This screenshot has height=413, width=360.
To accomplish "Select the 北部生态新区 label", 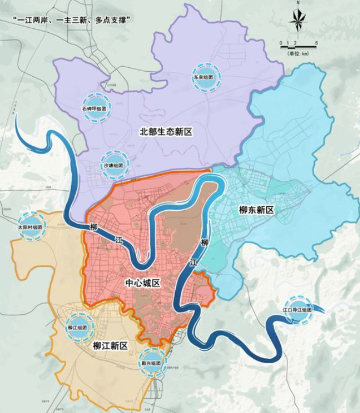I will tap(167, 132).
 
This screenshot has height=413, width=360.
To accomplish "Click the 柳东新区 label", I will tap(256, 210).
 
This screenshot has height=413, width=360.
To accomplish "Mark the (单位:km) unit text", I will tap(298, 53).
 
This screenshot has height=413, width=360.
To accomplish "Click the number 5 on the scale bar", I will tap(316, 42).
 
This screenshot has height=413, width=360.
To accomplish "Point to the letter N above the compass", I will tap(297, 5).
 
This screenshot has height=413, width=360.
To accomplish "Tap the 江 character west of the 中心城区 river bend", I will tap(119, 241).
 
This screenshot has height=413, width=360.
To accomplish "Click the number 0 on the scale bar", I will tap(280, 42).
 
